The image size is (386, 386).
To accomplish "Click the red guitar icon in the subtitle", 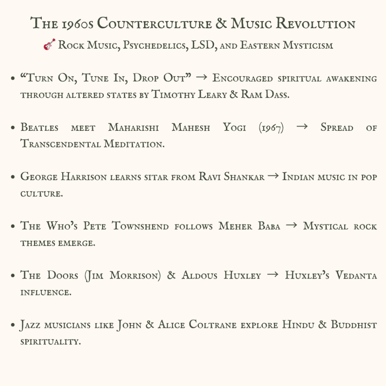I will click(x=49, y=45).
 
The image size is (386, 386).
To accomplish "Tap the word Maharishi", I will click(x=134, y=127).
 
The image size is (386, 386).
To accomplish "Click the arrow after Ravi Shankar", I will click(x=273, y=176).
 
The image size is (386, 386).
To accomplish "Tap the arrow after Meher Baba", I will click(x=291, y=226).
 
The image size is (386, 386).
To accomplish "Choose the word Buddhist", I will click(x=354, y=325).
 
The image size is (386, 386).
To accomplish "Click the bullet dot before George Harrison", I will click(x=13, y=177).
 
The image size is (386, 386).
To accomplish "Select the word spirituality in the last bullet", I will click(x=51, y=342).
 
